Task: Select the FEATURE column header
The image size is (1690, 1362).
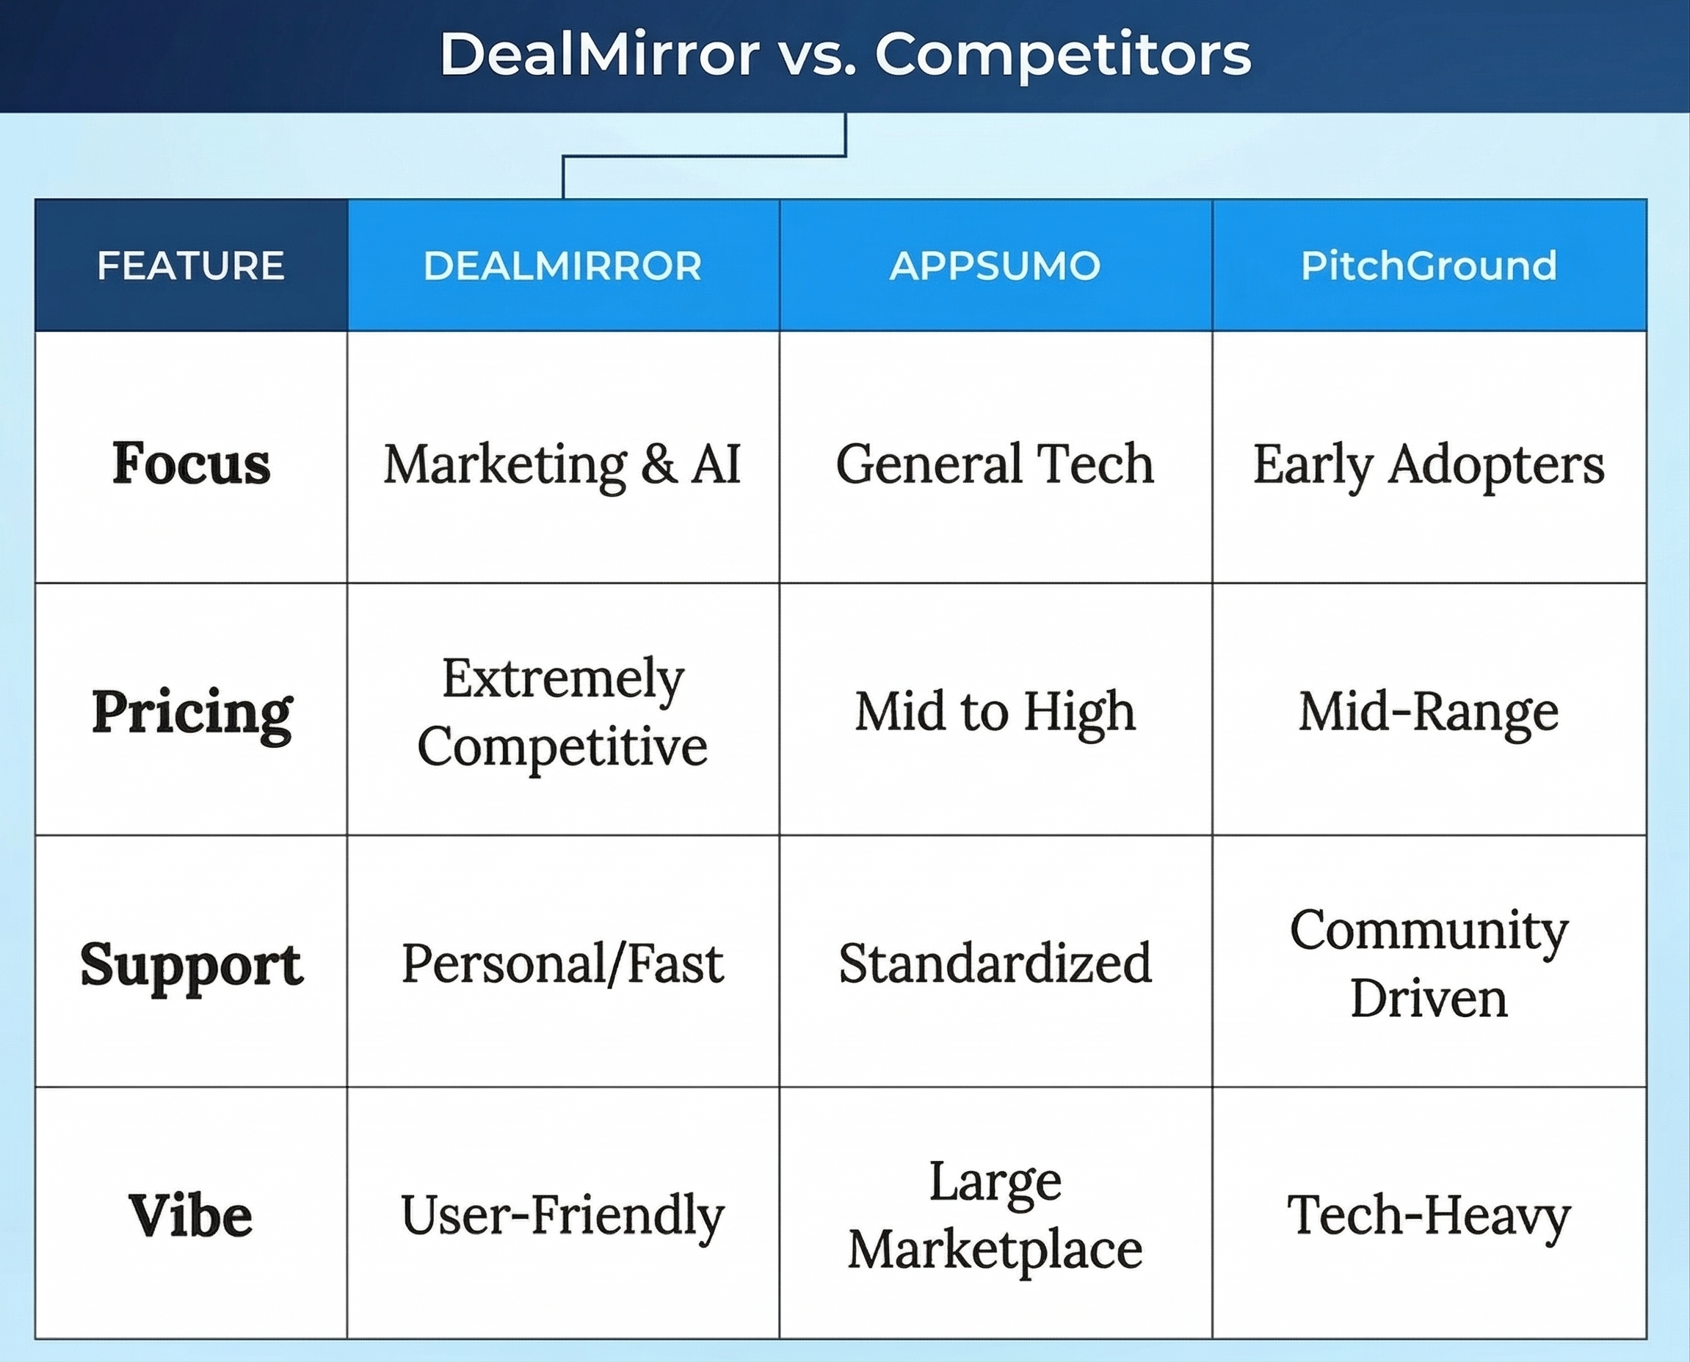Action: (191, 265)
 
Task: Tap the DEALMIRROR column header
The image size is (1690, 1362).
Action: (562, 265)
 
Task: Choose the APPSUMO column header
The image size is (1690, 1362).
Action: (995, 265)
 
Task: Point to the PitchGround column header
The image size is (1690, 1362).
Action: (1429, 265)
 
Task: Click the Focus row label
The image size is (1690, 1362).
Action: (191, 462)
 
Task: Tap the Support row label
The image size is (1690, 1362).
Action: (192, 964)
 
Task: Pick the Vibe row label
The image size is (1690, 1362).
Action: (191, 1215)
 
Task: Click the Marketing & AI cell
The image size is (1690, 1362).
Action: (562, 464)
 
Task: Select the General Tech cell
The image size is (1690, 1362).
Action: (995, 462)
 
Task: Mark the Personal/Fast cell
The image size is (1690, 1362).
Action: (562, 963)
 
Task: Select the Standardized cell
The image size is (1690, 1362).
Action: (995, 963)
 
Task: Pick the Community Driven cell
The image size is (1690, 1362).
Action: (1429, 963)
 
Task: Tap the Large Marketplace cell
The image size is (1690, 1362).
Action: (995, 1215)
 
